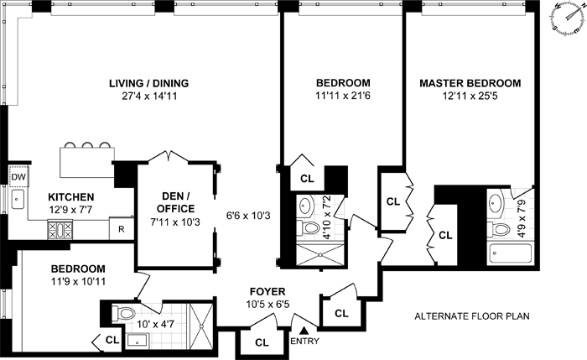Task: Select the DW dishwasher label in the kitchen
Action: (x=18, y=176)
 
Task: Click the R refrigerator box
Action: (x=122, y=228)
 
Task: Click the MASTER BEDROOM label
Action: (x=470, y=84)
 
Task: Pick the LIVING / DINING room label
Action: (x=148, y=84)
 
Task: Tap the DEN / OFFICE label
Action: (x=177, y=203)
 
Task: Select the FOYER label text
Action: (x=268, y=291)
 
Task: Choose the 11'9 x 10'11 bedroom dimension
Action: (x=69, y=283)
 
